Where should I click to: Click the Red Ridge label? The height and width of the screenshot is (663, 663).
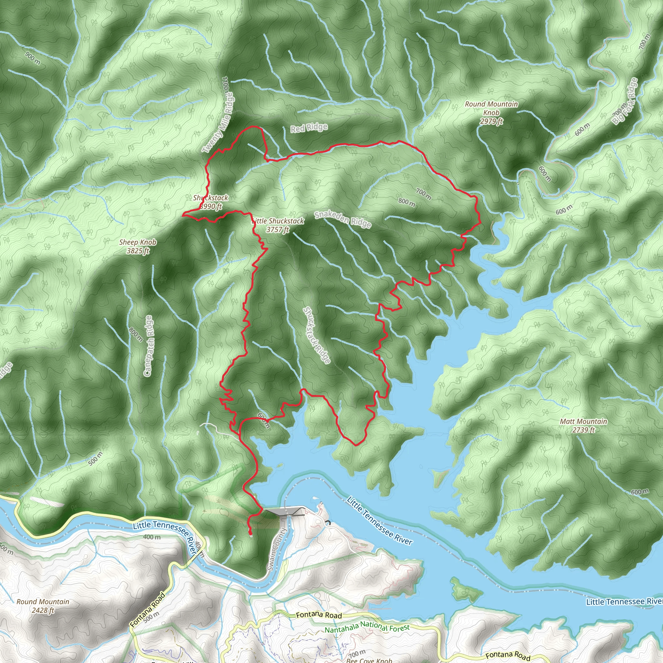coord(309,128)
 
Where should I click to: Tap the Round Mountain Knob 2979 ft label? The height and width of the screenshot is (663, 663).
coord(491,113)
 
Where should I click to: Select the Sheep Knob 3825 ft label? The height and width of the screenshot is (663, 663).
coord(138,246)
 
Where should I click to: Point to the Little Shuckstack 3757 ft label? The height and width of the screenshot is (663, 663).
coord(278,225)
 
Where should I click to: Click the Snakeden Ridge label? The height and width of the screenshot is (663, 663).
coord(343,219)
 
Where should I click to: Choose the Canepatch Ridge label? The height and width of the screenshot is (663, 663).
coord(149,346)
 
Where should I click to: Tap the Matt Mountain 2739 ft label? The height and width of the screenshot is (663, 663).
coord(583,425)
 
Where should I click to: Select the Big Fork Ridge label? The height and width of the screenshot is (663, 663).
coord(625,101)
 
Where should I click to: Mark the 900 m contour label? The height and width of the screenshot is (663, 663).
coord(33,58)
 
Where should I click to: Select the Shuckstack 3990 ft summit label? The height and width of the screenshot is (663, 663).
coord(210,202)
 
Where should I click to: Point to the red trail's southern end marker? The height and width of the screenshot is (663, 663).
coord(251,534)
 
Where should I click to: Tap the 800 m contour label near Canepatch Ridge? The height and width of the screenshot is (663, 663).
coord(136,335)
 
